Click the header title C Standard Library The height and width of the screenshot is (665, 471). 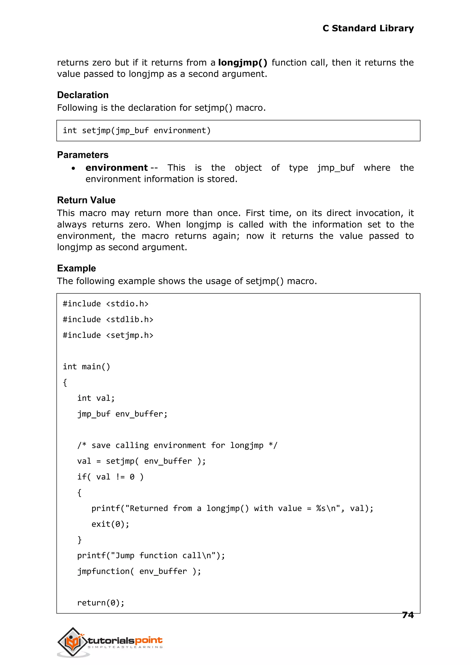[x=368, y=28]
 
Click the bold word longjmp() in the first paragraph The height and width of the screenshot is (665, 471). [x=242, y=63]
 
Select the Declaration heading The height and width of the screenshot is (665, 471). [x=83, y=95]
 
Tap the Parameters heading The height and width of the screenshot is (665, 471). [x=83, y=155]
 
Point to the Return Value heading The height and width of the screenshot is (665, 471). [x=86, y=200]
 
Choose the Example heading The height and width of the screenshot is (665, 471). [x=76, y=268]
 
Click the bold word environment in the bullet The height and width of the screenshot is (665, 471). [x=117, y=168]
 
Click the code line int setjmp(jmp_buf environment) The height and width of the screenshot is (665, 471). [x=137, y=131]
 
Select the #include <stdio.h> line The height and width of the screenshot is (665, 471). [x=106, y=304]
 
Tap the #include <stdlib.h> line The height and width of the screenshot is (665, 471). [x=108, y=320]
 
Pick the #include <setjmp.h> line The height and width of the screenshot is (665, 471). [x=108, y=335]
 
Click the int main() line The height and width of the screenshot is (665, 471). [x=86, y=367]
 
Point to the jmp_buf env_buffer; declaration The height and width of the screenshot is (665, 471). [x=122, y=414]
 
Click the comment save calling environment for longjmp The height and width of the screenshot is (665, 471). [x=177, y=445]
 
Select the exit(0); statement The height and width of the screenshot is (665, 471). [x=110, y=524]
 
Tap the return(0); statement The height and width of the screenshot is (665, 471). [x=101, y=603]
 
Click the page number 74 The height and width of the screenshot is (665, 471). [x=408, y=615]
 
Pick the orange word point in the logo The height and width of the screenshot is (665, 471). [x=149, y=640]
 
